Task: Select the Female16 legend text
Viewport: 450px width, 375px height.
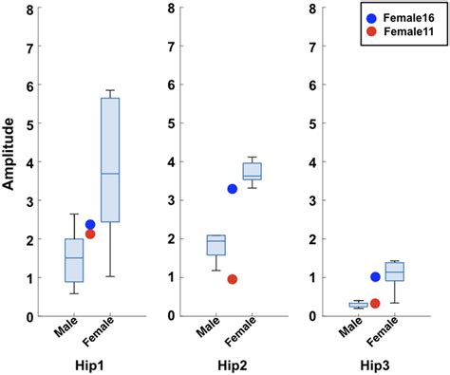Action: click(411, 16)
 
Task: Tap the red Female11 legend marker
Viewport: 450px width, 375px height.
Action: click(372, 32)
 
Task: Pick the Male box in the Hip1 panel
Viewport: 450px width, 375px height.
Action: click(73, 260)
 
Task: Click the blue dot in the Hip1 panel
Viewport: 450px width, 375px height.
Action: click(91, 225)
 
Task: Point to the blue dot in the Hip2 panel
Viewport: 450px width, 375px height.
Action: click(233, 189)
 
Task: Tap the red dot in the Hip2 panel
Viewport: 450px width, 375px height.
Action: click(233, 279)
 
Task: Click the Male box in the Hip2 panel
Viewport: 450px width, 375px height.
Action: click(216, 245)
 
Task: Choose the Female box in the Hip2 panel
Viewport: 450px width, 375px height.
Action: click(253, 171)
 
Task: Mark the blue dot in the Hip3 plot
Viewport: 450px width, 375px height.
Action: click(375, 277)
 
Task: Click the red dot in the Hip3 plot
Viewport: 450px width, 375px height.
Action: click(375, 304)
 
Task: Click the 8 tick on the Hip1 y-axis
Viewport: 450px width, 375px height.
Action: click(33, 9)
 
